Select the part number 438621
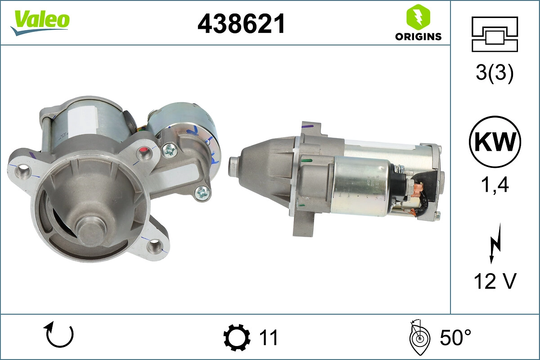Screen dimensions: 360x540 pyautogui.click(x=241, y=23)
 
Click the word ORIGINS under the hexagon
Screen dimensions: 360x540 pyautogui.click(x=418, y=37)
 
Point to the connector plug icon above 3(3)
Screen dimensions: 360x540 pyautogui.click(x=495, y=34)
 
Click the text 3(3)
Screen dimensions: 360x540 pyautogui.click(x=495, y=74)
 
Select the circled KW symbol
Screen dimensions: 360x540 pyautogui.click(x=495, y=142)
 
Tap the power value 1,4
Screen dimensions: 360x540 pyautogui.click(x=495, y=184)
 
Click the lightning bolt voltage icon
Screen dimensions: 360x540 pyautogui.click(x=494, y=245)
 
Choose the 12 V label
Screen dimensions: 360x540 pyautogui.click(x=495, y=281)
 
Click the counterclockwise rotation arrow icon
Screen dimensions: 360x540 pyautogui.click(x=58, y=335)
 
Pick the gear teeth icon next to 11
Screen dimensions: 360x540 pyautogui.click(x=236, y=337)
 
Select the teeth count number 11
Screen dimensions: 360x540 pyautogui.click(x=269, y=337)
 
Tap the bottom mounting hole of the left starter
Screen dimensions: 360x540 pyautogui.click(x=154, y=245)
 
